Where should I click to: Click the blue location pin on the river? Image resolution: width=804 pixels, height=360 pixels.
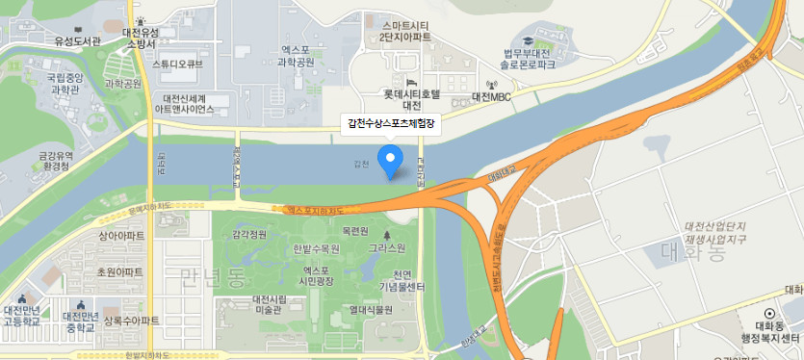390,161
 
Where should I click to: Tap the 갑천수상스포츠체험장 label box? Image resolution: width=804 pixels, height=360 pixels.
391,124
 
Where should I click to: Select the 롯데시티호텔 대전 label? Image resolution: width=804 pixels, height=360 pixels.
411,98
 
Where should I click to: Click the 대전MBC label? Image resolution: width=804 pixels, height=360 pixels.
491,97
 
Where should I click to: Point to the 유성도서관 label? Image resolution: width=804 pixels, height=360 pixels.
77,41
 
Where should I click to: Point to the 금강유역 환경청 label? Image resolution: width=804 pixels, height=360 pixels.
56,160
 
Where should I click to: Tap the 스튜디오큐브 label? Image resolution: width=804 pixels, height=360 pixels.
178,64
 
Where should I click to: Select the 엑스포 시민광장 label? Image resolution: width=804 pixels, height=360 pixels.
317,275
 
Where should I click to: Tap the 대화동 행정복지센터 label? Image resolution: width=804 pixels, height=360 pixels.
770,331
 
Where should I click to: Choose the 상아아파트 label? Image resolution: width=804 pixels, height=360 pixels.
121,235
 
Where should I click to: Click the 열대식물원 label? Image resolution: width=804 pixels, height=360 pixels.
371,310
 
